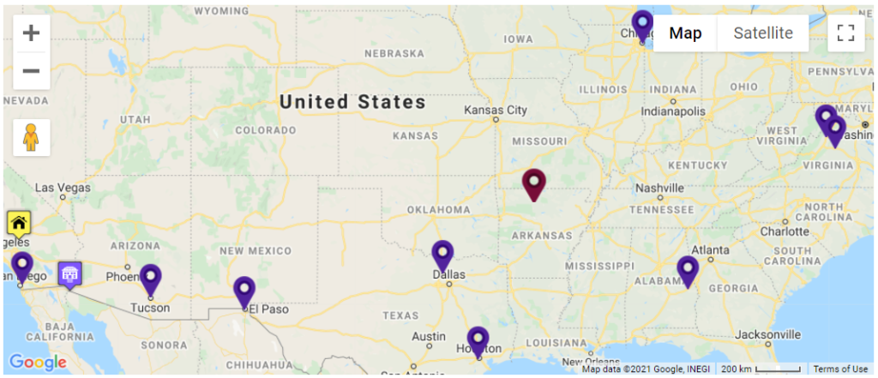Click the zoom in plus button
pos(32,33)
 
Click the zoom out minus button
pos(32,70)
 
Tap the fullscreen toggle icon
pos(845,33)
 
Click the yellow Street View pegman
pos(32,137)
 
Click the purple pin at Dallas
pos(442,255)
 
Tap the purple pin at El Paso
pos(244,291)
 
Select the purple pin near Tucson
pos(150,279)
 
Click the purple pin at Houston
pos(478,341)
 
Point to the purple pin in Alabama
pos(687,271)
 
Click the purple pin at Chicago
pos(641,26)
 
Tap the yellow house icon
pos(19,223)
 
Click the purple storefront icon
pos(70,274)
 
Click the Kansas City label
pos(495,111)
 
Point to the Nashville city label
pos(659,188)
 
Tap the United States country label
pos(352,102)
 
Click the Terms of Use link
pos(840,369)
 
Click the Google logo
pos(38,363)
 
